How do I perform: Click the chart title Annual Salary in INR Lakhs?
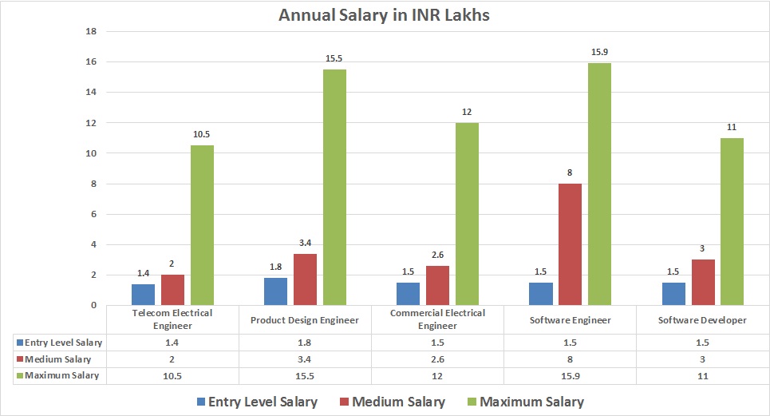pos(385,14)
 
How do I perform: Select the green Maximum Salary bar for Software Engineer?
pos(598,184)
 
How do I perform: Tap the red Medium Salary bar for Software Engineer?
pos(570,244)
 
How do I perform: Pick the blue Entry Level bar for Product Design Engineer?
pos(276,291)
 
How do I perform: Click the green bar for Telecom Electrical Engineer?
pos(202,225)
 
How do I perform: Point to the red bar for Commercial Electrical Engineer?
pos(437,285)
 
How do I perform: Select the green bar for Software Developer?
pos(732,221)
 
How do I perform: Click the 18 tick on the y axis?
pos(90,32)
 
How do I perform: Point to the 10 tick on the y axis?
pos(90,153)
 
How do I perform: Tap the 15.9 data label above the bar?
pos(598,52)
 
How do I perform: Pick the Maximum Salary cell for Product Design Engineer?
pos(306,375)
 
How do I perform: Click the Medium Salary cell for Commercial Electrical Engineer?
pos(437,359)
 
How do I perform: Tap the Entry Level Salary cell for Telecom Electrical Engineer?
pos(173,342)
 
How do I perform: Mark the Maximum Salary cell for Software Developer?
pos(703,375)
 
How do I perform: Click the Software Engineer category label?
pos(570,320)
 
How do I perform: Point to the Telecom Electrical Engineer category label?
pos(173,319)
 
